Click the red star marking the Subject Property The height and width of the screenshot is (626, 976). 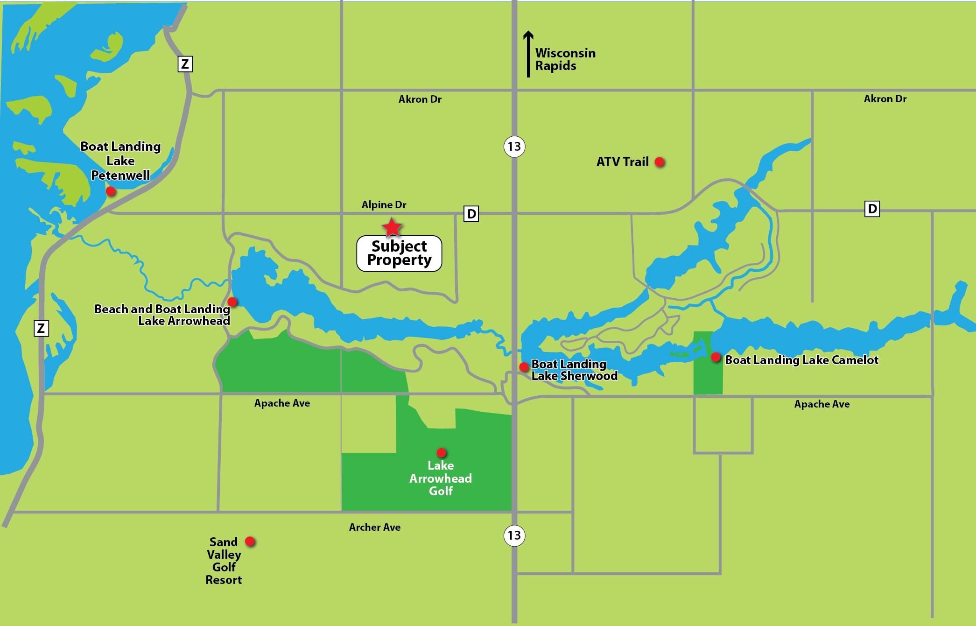(x=392, y=227)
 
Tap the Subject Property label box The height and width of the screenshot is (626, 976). (x=399, y=253)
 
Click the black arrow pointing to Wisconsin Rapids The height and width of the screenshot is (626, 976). (x=528, y=54)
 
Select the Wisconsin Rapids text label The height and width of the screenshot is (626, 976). (x=565, y=59)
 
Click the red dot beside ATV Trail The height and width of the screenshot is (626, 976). (x=660, y=162)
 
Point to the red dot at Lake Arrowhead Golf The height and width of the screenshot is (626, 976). (x=441, y=452)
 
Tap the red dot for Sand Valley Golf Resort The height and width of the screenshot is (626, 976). (x=250, y=542)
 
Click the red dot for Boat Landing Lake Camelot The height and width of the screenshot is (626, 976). (x=716, y=358)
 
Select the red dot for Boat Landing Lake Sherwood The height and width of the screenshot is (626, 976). (x=524, y=367)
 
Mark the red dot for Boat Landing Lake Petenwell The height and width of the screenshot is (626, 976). (x=111, y=191)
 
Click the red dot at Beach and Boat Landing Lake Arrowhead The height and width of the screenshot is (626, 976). (x=232, y=302)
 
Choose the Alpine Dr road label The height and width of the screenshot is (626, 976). (x=384, y=204)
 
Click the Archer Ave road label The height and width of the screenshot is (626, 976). (x=375, y=527)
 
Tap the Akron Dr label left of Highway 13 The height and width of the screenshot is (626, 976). (x=420, y=99)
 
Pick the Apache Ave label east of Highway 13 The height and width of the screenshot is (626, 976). (x=822, y=404)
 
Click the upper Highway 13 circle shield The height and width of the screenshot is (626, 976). (x=514, y=147)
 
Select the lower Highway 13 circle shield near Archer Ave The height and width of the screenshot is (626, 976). (x=514, y=535)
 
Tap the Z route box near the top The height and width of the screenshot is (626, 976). (x=185, y=64)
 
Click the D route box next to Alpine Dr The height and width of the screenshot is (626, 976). (x=471, y=214)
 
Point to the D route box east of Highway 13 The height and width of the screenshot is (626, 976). (x=872, y=209)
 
